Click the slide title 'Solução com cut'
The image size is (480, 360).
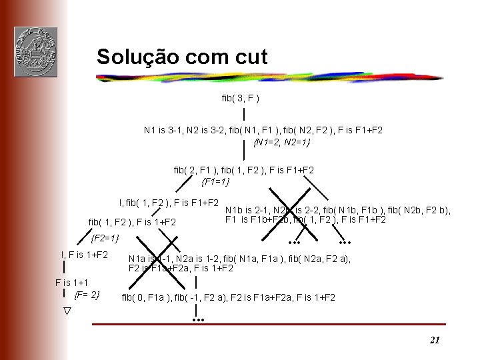(181, 57)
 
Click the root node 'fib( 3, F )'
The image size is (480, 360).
(240, 99)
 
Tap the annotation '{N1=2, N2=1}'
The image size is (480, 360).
(282, 142)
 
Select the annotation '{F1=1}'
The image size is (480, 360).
(215, 181)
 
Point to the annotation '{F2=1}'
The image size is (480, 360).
(105, 238)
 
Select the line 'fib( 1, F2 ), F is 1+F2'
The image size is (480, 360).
(132, 221)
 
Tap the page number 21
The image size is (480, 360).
(435, 340)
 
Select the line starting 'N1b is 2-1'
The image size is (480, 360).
(338, 210)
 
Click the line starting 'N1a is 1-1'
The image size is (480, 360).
(239, 259)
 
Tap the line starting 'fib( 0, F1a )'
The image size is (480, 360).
(228, 298)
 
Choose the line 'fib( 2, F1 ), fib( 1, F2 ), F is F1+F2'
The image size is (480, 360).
(244, 170)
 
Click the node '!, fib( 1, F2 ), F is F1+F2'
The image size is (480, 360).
(169, 202)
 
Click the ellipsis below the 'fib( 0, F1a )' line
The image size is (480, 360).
(197, 321)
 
